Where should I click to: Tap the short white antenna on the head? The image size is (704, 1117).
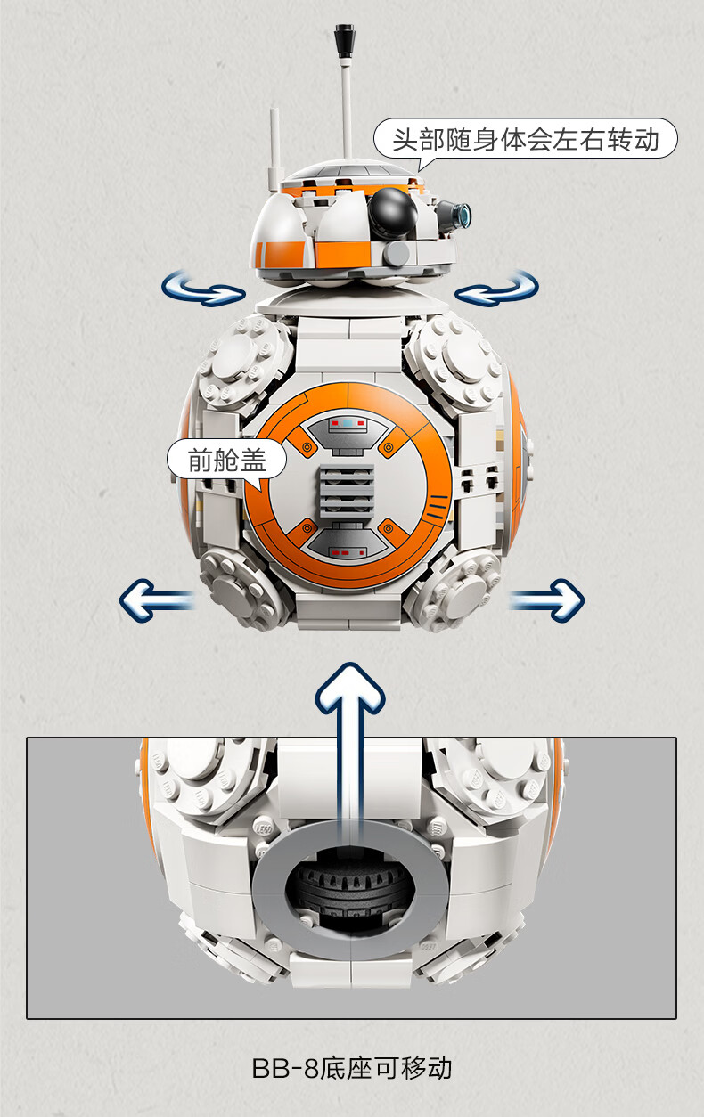(x=274, y=149)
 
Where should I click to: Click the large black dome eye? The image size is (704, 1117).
(x=392, y=211)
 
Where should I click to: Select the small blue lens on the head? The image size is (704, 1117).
(x=465, y=214)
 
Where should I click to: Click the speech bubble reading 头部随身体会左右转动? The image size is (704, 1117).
(x=526, y=140)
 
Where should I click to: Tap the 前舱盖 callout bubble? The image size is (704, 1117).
(x=227, y=460)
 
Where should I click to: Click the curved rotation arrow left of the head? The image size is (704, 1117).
(x=202, y=289)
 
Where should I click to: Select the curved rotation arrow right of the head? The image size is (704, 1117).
(x=497, y=289)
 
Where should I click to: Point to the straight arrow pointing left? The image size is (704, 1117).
(x=156, y=600)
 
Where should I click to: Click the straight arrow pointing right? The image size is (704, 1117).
(x=547, y=600)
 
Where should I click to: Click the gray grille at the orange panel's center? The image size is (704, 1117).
(x=347, y=490)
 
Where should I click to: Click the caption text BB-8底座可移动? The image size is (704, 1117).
(x=352, y=1068)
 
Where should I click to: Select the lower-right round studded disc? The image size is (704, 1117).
(x=454, y=590)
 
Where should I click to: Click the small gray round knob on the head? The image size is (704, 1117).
(x=397, y=253)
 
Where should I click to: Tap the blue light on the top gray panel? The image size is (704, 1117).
(x=348, y=423)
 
